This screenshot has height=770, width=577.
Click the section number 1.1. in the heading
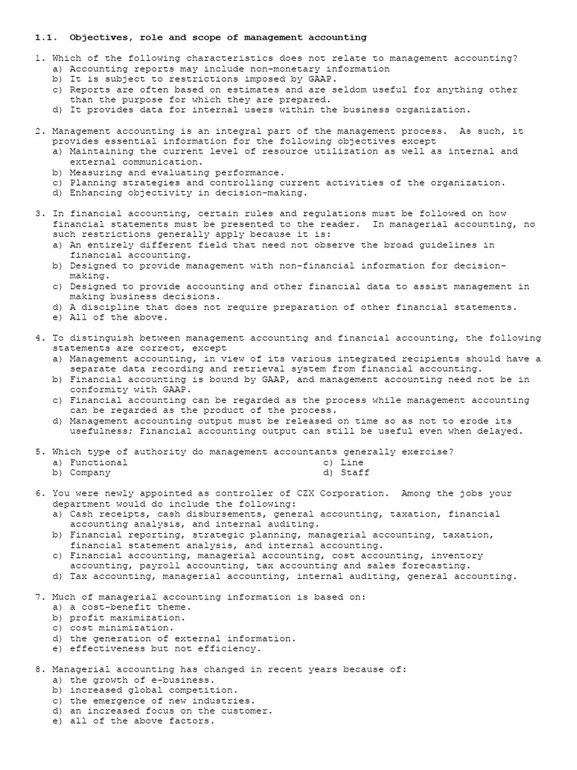click(x=46, y=36)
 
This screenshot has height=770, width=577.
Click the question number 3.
click(x=40, y=214)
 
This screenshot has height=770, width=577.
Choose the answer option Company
click(x=89, y=472)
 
